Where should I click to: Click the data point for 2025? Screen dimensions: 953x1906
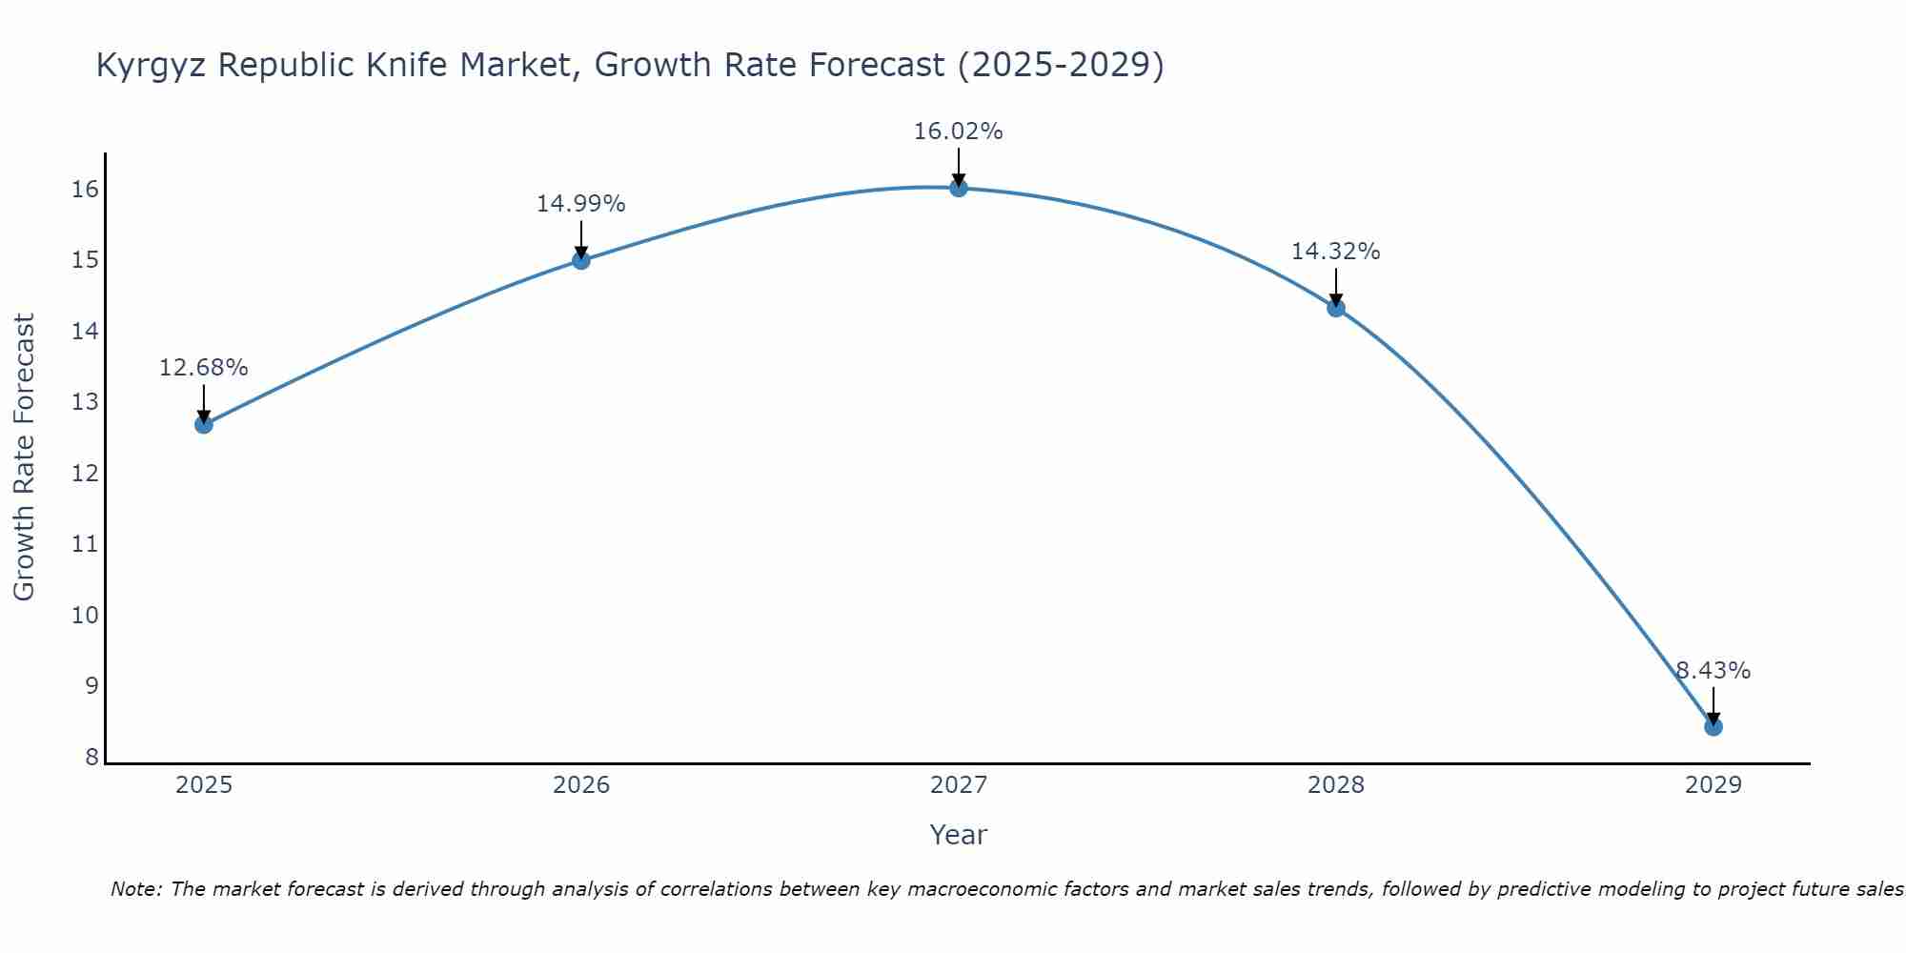204,424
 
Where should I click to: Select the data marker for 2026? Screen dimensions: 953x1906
581,260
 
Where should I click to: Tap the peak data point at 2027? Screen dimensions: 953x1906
959,188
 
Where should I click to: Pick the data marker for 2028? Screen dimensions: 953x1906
1336,308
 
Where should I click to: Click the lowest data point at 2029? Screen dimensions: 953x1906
1713,727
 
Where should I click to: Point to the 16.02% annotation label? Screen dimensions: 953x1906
958,132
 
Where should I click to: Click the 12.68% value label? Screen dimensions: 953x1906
203,368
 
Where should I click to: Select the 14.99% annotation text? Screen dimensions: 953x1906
580,204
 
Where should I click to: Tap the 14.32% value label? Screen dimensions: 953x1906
1335,252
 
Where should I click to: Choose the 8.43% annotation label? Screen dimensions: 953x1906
1713,671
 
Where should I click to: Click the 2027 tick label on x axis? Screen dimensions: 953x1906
959,785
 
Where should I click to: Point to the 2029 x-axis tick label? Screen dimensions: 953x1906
1713,785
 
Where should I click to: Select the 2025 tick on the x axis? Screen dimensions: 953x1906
204,785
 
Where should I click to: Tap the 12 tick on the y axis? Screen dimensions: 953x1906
85,473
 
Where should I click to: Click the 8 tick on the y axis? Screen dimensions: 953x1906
91,758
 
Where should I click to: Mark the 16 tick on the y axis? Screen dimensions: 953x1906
85,189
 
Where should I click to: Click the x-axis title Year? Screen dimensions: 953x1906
958,835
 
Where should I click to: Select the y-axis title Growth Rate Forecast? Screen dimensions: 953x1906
24,456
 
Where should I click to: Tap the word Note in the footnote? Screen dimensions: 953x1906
136,889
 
